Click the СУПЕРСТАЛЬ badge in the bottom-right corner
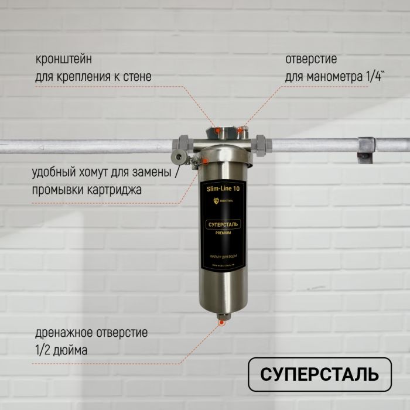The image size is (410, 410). pyautogui.click(x=319, y=374)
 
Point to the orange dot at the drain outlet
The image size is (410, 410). pyautogui.click(x=221, y=322)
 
